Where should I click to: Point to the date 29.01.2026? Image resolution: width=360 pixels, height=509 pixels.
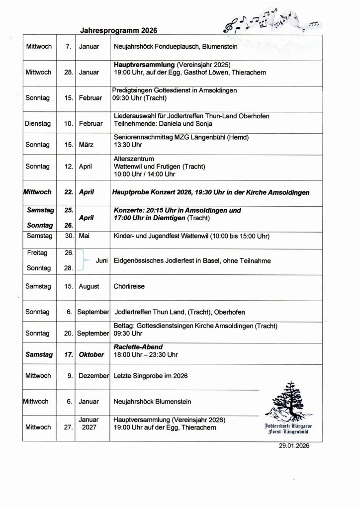(294, 446)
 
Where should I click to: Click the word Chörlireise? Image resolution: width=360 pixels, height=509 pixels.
(130, 286)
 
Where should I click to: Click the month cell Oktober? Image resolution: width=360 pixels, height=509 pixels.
(91, 354)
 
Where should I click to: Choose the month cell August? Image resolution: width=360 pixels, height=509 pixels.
(89, 286)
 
